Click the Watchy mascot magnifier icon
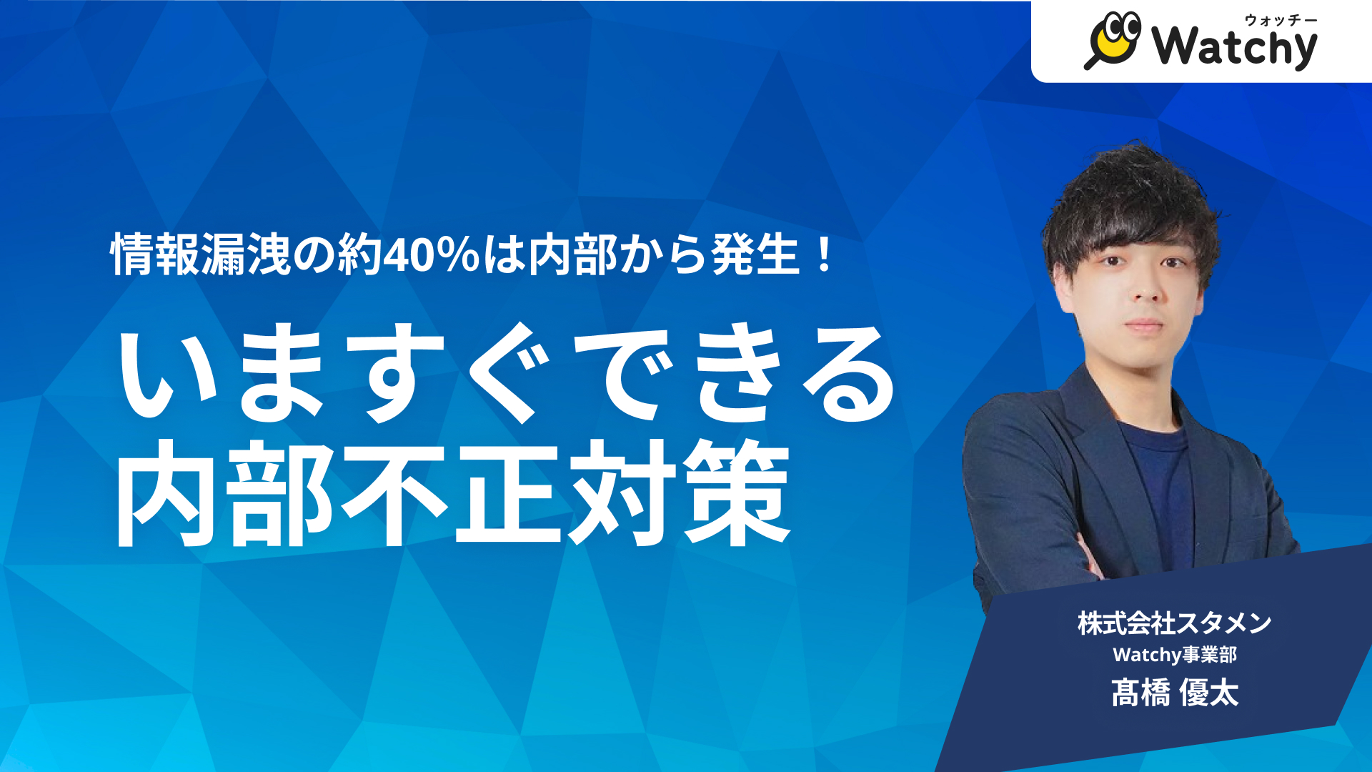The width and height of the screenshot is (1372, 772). point(1113,40)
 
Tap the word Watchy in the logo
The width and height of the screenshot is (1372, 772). point(1234,46)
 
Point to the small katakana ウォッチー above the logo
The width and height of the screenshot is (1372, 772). point(1281,20)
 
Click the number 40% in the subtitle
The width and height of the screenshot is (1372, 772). point(432,255)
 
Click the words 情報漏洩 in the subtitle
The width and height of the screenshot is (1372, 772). point(200,255)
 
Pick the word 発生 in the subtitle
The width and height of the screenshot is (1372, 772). point(755,255)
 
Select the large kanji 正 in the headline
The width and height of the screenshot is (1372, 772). point(507,493)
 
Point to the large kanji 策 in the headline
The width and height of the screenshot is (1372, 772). point(736,493)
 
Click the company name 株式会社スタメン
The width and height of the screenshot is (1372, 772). point(1174,623)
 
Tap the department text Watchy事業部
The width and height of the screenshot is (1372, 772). point(1174,655)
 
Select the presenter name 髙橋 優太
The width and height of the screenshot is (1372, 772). point(1174,693)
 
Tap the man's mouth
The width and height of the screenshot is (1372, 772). point(1145,324)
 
